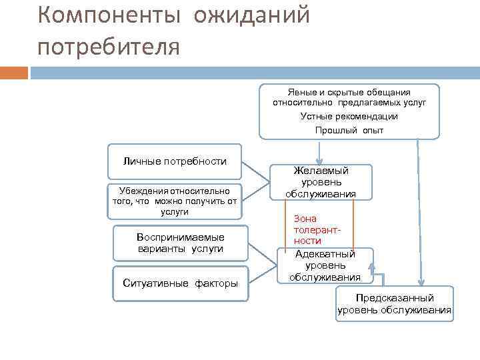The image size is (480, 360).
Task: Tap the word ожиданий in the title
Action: pyautogui.click(x=252, y=15)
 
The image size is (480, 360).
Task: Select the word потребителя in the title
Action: pyautogui.click(x=109, y=47)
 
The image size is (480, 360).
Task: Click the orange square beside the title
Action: pyautogui.click(x=14, y=72)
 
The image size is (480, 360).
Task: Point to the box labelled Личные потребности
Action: pyautogui.click(x=174, y=161)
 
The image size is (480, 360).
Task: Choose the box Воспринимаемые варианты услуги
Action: pyautogui.click(x=179, y=243)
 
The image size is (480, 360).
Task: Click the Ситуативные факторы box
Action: pyautogui.click(x=180, y=283)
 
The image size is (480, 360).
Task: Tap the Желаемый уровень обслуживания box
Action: pyautogui.click(x=321, y=182)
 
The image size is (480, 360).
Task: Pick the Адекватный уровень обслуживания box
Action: pyautogui.click(x=325, y=265)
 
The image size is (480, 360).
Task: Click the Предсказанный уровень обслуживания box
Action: pyautogui.click(x=394, y=303)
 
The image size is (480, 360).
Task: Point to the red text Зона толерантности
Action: pyautogui.click(x=308, y=229)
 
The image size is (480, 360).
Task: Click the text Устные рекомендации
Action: pyautogui.click(x=349, y=116)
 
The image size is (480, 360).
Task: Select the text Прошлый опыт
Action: pyautogui.click(x=349, y=130)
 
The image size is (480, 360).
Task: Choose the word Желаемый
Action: pyautogui.click(x=321, y=171)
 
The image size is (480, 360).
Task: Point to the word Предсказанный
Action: pyautogui.click(x=394, y=298)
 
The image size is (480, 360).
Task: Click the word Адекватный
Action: pyautogui.click(x=325, y=254)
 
